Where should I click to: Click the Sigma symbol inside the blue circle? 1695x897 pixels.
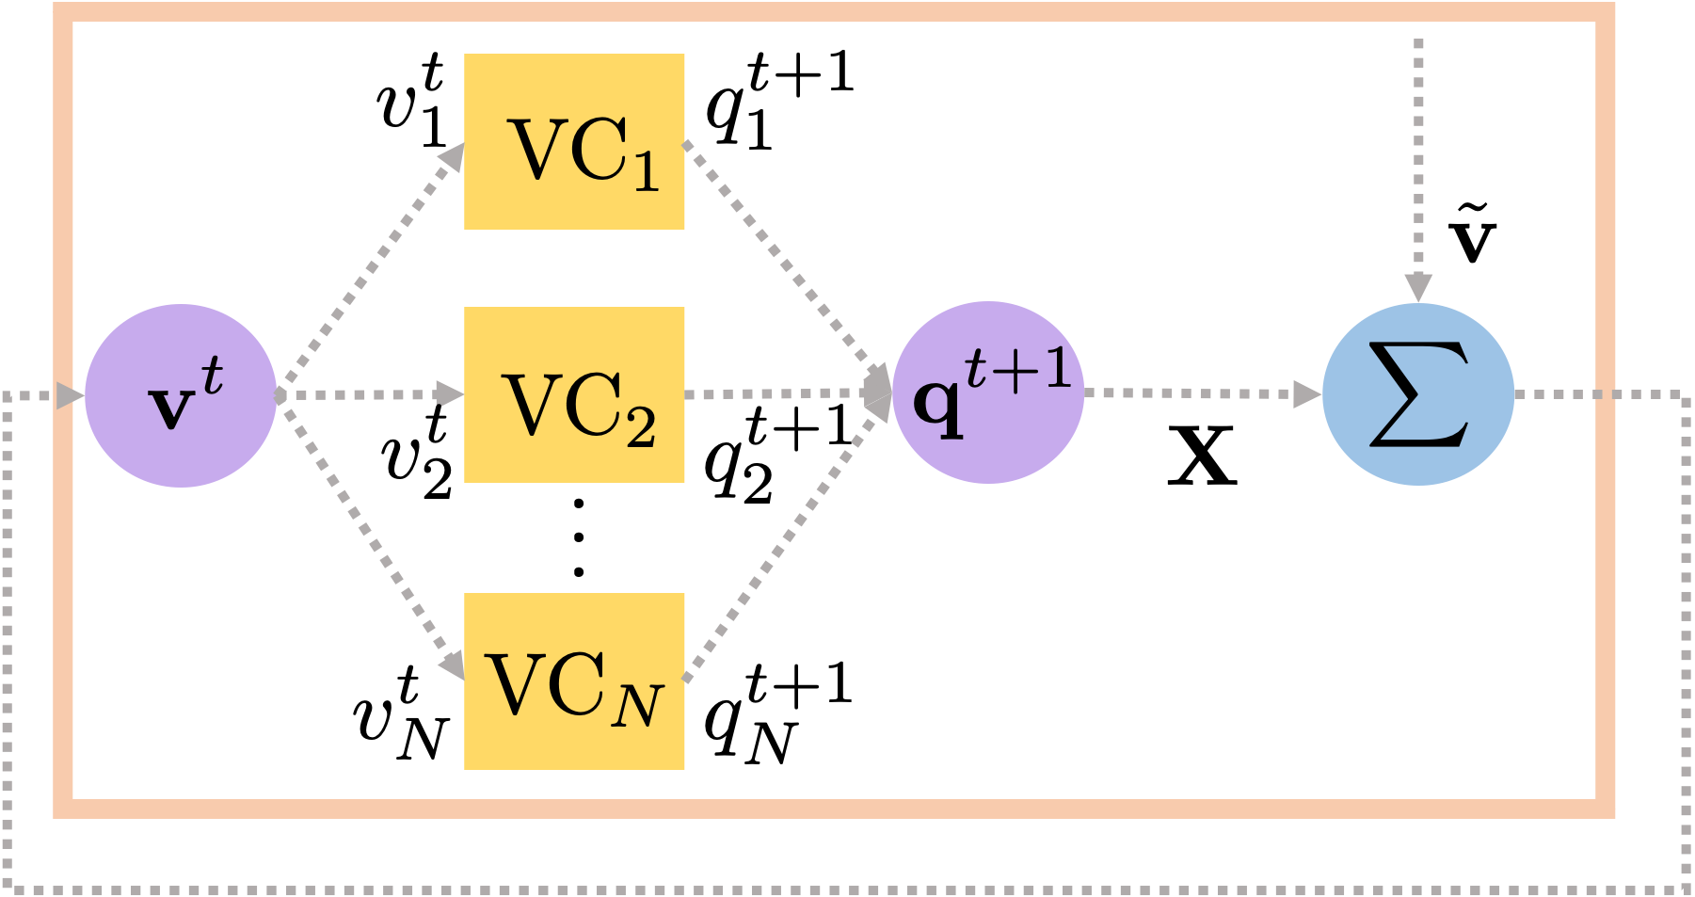click(x=1418, y=393)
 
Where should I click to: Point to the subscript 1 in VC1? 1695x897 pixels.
click(x=646, y=172)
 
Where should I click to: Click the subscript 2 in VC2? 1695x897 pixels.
click(x=641, y=427)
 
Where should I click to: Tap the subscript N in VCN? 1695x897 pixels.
click(x=637, y=706)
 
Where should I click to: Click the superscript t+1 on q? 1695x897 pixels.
click(x=1019, y=368)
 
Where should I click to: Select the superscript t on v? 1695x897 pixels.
click(x=213, y=376)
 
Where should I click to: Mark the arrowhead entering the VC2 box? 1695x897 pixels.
click(x=449, y=393)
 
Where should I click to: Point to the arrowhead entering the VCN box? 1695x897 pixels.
click(x=453, y=665)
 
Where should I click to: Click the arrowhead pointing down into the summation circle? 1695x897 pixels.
click(x=1418, y=286)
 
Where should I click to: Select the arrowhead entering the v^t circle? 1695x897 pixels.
click(x=70, y=395)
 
